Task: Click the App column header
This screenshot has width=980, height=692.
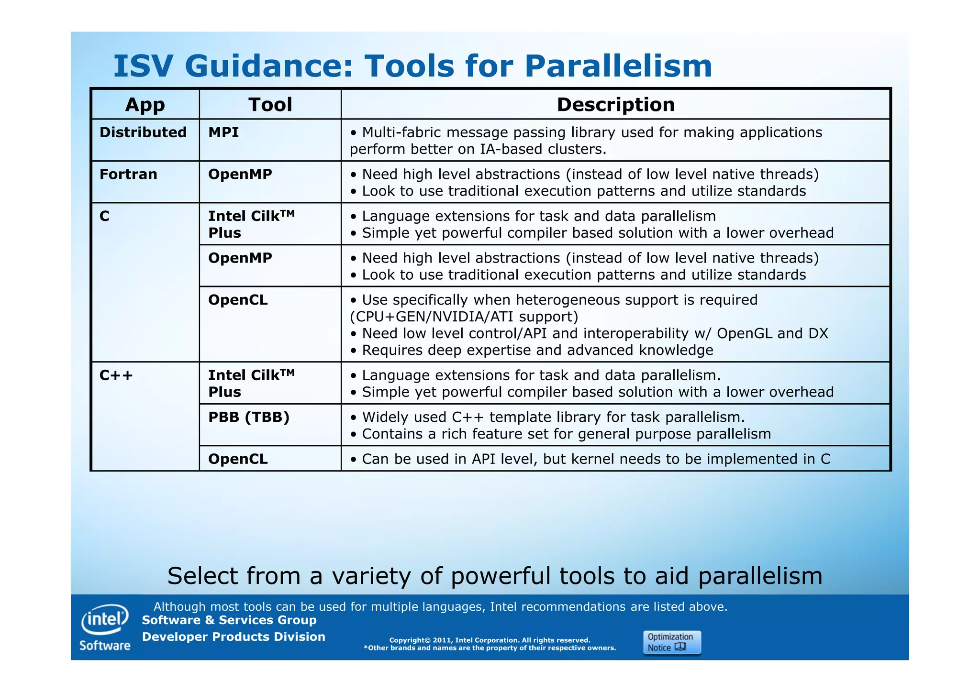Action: pos(145,105)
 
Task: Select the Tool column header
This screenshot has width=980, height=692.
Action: pos(270,105)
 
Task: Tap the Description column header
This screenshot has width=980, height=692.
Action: pos(615,105)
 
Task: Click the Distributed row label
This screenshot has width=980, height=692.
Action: pos(143,132)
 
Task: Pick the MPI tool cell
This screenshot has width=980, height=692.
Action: pos(223,132)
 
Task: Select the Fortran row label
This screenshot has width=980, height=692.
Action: pos(128,175)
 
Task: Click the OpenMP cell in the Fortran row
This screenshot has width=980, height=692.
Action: pos(240,175)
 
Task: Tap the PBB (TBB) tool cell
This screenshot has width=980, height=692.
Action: pos(249,417)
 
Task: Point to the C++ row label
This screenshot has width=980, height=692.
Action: pos(116,375)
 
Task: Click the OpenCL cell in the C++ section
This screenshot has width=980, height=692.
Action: pos(238,459)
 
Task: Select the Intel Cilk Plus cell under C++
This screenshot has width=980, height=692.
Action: pos(251,384)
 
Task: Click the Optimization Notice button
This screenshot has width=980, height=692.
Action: pos(672,642)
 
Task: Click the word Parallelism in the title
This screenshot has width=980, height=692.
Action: pos(618,66)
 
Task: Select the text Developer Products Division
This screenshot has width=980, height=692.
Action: pos(234,637)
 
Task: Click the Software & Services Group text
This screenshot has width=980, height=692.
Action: pos(229,620)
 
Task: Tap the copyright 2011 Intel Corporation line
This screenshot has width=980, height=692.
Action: pos(490,640)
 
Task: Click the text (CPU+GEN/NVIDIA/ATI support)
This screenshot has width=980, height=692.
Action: pos(464,317)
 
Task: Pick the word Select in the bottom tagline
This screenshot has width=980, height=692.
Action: pos(210,576)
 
